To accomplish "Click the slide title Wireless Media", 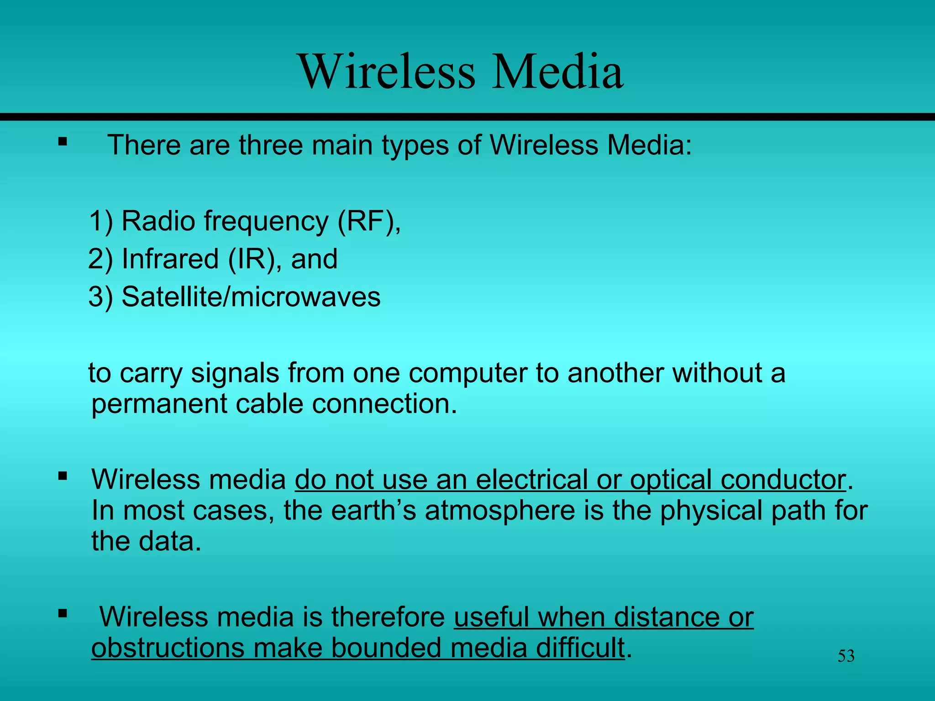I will coord(461,72).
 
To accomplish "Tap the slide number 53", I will coord(846,656).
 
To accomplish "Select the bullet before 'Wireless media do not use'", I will coord(63,476).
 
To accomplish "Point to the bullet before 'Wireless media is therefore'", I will coord(63,613).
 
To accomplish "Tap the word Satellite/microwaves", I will coord(251,297).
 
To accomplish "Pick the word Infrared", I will coord(170,259).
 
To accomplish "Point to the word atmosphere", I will coord(500,511).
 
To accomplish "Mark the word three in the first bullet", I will coord(271,146).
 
